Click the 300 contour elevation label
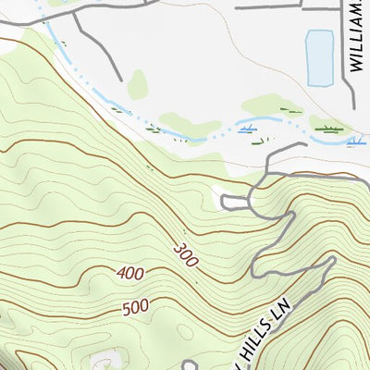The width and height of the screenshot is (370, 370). click(x=185, y=255)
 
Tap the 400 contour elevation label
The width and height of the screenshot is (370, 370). click(x=132, y=274)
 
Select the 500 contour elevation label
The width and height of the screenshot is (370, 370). click(x=134, y=307)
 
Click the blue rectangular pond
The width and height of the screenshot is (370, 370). click(x=319, y=55)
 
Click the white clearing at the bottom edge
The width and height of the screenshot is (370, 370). click(x=104, y=361)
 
